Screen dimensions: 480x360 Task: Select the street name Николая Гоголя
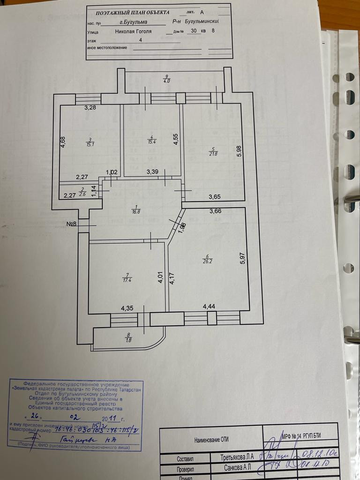[133, 31]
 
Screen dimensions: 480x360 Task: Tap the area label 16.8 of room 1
[136, 211]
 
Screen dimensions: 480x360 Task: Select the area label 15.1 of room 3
[90, 143]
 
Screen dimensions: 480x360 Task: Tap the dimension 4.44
[209, 307]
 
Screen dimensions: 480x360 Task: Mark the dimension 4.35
[127, 308]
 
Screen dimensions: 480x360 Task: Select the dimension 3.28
[90, 108]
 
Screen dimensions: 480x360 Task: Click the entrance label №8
[71, 224]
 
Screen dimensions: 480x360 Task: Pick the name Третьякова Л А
[238, 457]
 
